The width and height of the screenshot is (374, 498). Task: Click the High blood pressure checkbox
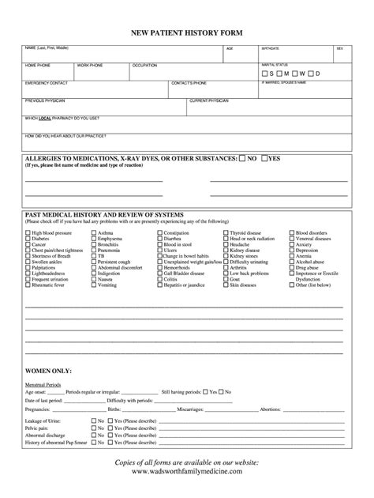[x=28, y=234]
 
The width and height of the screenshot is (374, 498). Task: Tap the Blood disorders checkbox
[x=292, y=234]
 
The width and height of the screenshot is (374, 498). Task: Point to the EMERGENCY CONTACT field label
[x=47, y=82]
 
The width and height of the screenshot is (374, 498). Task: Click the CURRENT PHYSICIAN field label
[x=209, y=100]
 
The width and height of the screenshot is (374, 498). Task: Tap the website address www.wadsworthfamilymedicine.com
[x=187, y=471]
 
